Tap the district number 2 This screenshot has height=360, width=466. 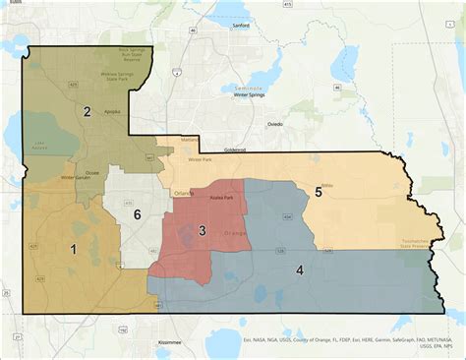click(x=87, y=112)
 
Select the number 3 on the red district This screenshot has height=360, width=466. click(x=202, y=230)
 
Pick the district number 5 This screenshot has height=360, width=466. click(x=319, y=192)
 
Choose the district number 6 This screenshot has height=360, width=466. click(x=138, y=214)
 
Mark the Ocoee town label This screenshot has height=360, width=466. click(x=92, y=173)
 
